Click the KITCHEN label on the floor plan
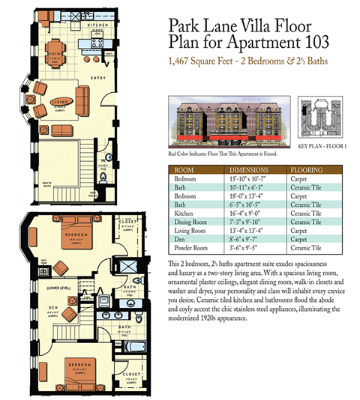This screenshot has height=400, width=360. [x=101, y=24]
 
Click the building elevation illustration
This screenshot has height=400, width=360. [x=225, y=124]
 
